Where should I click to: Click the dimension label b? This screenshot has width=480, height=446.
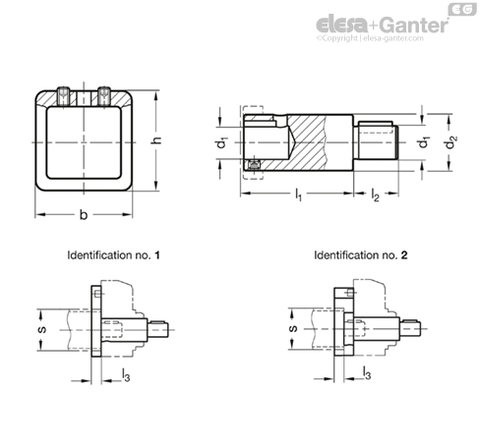coord(84,215)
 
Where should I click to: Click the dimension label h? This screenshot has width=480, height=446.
coord(157,140)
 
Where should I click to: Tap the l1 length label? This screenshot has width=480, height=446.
coord(298,195)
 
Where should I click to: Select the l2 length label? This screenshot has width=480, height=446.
coord(375,195)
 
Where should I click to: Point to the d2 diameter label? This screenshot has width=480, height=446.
coord(451,142)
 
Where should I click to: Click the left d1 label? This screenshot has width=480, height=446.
coord(222,142)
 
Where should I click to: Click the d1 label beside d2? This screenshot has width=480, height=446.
coord(424,142)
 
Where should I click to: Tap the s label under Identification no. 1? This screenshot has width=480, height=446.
coord(42,329)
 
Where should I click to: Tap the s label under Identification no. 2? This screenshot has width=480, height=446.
coord(293,328)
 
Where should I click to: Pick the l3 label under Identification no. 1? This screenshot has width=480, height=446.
coord(126,374)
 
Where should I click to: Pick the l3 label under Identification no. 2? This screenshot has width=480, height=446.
coord(367,373)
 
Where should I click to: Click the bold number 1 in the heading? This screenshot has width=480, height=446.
coord(157,255)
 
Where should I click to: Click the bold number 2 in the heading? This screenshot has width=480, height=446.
coord(404,255)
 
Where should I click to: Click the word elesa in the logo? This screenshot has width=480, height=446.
coord(342,25)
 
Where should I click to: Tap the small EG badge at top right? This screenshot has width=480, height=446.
coord(462,10)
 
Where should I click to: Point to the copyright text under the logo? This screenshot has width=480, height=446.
coord(370,38)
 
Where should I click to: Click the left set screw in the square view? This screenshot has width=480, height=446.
coord(63,96)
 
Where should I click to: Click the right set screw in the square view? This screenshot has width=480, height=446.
coord(104,96)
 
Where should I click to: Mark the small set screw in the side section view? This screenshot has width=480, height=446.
coord(254,165)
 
